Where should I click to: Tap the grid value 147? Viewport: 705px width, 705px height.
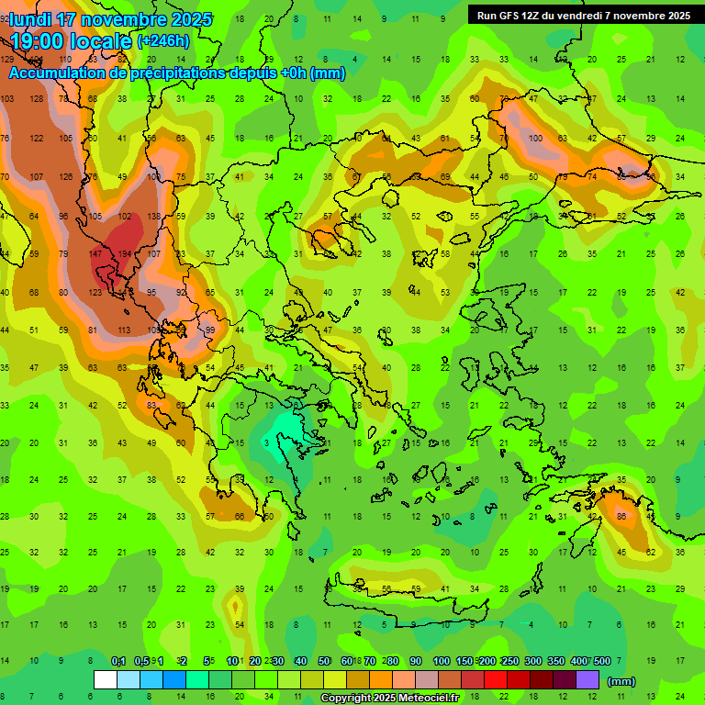(x=95, y=253)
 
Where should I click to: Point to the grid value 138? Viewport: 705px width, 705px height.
(x=153, y=216)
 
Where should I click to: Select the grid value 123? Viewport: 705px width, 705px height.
(x=95, y=292)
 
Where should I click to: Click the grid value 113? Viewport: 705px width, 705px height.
(x=124, y=330)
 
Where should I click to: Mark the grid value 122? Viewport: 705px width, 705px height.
(x=37, y=138)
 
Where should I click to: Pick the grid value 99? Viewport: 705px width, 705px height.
(x=210, y=330)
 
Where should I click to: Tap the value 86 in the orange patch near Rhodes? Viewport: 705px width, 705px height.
(x=621, y=517)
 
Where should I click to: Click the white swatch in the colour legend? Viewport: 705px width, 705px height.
(x=106, y=680)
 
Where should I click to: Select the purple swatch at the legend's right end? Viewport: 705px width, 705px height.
(x=588, y=680)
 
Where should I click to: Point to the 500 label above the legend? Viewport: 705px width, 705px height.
(x=602, y=661)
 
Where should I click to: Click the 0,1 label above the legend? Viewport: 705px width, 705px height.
(x=118, y=661)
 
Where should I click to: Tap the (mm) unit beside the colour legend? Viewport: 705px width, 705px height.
(x=621, y=681)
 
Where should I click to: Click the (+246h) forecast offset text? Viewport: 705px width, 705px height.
(x=163, y=41)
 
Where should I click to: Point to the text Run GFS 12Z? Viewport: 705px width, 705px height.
(x=510, y=16)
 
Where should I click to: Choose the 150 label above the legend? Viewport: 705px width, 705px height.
(x=464, y=661)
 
